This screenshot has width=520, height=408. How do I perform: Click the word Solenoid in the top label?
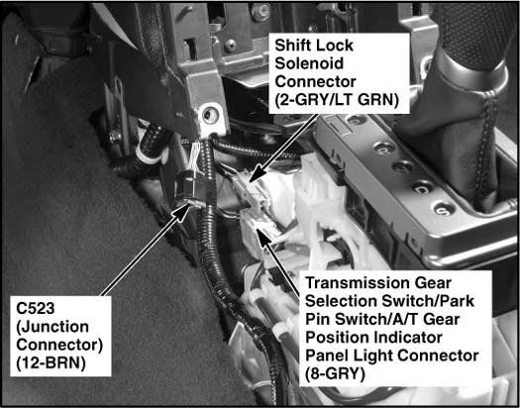click(309, 63)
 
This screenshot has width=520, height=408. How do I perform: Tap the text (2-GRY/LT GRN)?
click(337, 99)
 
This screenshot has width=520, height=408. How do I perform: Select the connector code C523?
click(35, 309)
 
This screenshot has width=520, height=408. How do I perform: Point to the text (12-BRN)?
click(51, 363)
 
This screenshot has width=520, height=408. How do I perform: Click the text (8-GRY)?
click(335, 373)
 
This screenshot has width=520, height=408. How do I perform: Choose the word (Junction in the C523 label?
click(52, 328)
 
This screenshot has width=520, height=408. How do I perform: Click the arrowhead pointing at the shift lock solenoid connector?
click(255, 175)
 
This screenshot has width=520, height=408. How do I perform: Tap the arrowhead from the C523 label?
click(181, 213)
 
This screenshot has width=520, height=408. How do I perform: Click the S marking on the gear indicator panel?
click(444, 209)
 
